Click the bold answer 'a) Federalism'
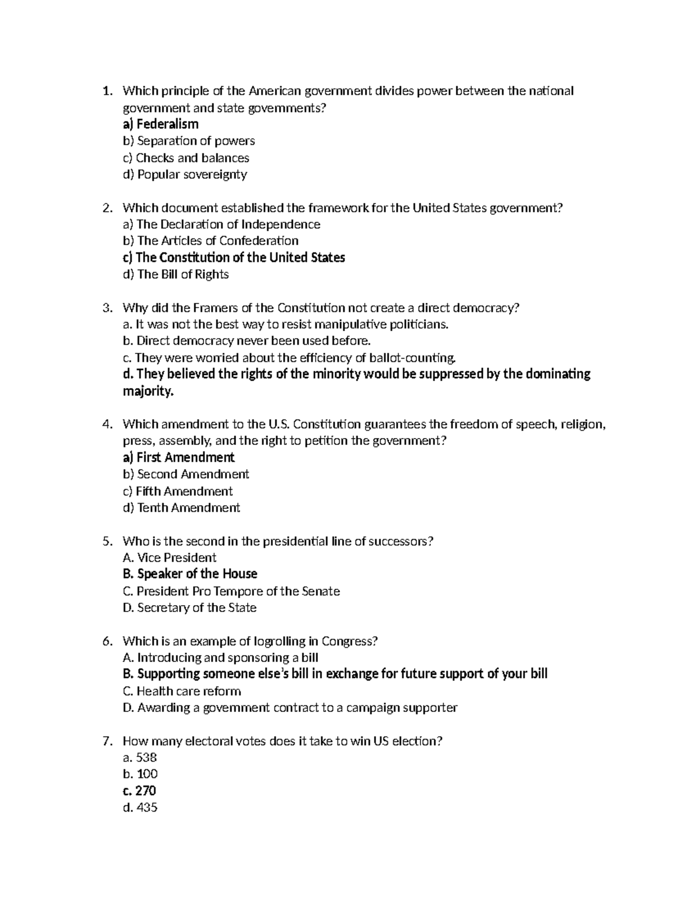click(161, 124)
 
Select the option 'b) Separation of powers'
click(188, 141)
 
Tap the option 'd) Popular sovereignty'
click(185, 175)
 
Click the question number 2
click(106, 208)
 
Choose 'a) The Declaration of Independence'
click(221, 225)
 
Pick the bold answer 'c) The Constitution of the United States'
click(234, 258)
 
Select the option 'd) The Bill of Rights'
click(176, 274)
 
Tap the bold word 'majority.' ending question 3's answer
click(148, 392)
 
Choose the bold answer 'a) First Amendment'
click(179, 458)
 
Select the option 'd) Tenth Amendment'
click(182, 508)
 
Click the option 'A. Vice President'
click(169, 558)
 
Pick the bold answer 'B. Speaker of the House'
click(190, 574)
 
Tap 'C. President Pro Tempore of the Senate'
click(231, 591)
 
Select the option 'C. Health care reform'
click(182, 691)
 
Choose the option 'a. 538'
click(140, 758)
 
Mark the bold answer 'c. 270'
click(140, 791)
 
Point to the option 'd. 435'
click(140, 808)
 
